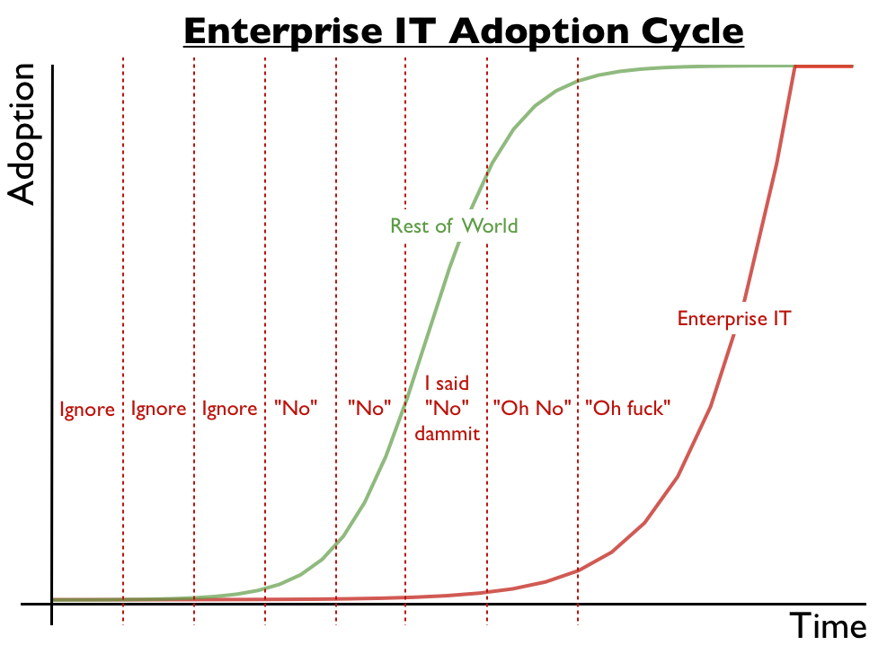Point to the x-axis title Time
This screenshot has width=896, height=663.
[828, 625]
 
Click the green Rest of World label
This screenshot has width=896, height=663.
[454, 225]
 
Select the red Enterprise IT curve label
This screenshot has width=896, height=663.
[733, 318]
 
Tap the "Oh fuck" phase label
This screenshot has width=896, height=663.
[628, 409]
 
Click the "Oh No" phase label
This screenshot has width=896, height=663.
[532, 409]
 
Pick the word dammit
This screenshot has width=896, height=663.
[447, 433]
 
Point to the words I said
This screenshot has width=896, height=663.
[447, 385]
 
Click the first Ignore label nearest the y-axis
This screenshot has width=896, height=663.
[87, 410]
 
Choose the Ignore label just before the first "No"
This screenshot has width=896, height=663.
[229, 410]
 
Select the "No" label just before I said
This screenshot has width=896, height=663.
[369, 409]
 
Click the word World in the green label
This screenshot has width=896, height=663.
[490, 225]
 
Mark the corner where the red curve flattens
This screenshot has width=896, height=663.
[795, 66]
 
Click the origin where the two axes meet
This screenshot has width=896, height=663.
[52, 604]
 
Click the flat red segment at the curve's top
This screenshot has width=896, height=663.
[824, 66]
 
